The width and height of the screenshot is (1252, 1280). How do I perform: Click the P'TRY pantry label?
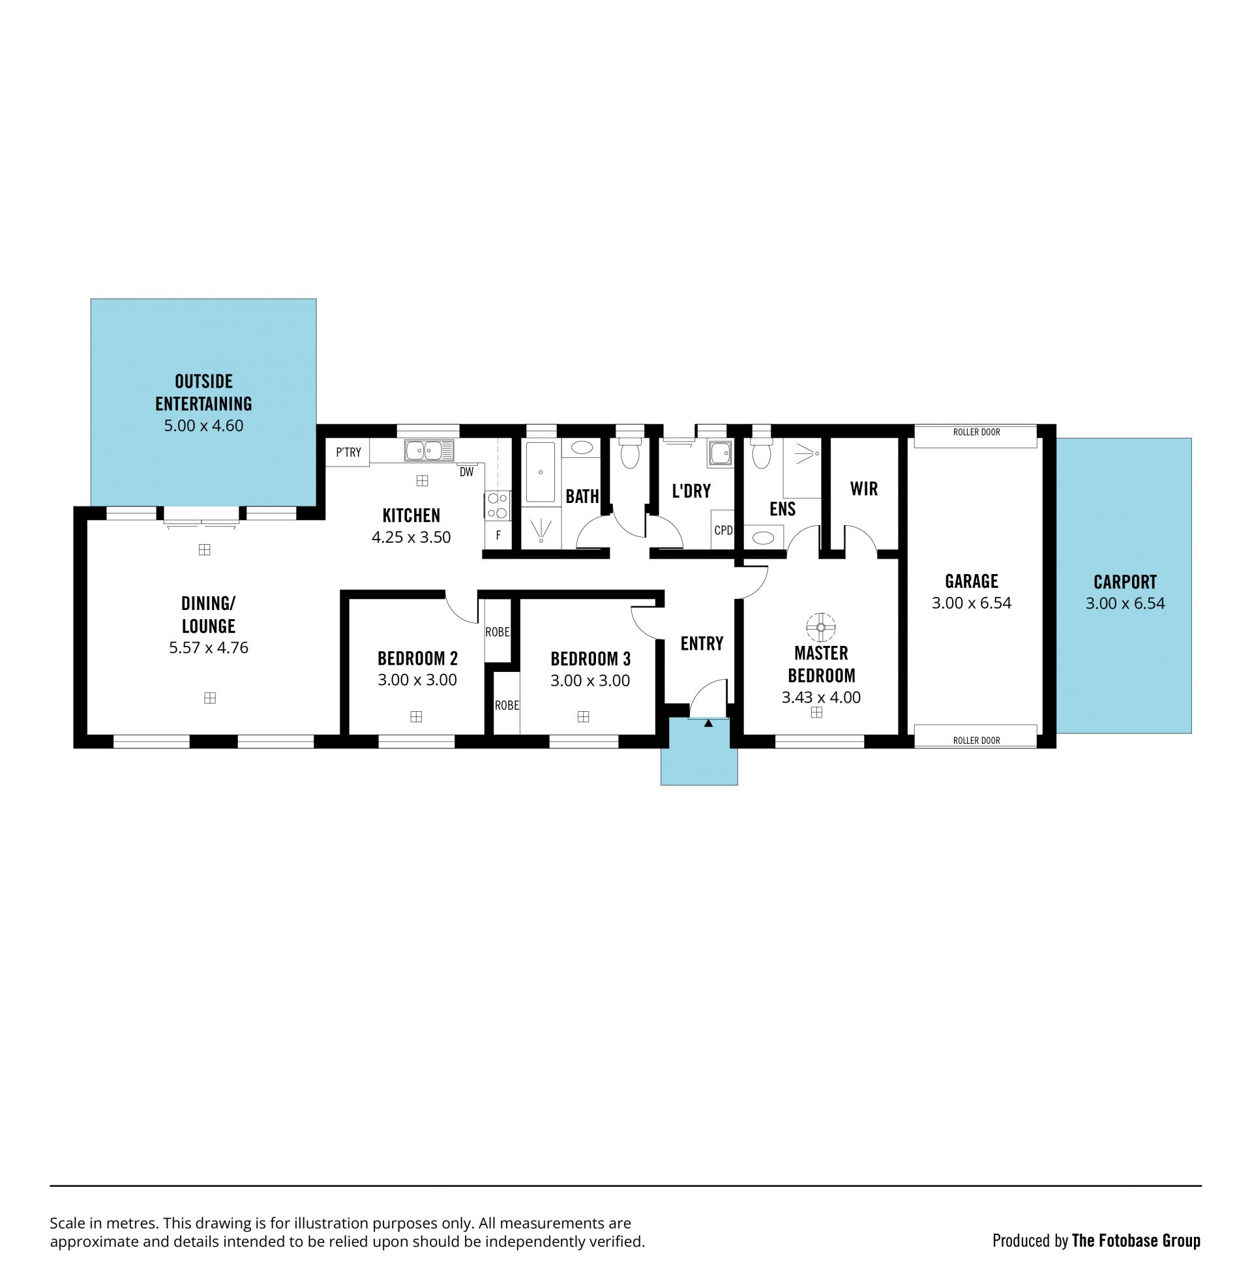point(348,452)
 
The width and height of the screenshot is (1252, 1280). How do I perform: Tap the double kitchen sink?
point(428,451)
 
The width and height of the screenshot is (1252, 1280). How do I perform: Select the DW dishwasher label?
point(466,472)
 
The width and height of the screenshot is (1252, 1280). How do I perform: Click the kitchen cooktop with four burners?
point(498,506)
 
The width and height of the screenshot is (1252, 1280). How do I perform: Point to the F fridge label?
point(498,536)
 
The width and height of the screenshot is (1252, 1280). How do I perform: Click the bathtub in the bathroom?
point(541,472)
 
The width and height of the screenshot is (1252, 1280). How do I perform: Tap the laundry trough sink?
point(721,453)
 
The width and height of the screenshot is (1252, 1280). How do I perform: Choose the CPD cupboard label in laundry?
point(723,530)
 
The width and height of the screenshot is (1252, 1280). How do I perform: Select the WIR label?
point(863,489)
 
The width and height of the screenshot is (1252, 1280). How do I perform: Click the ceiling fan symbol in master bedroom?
point(820,627)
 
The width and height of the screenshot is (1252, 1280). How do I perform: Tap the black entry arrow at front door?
point(708,723)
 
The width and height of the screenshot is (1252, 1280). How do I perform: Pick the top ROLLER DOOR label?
point(976,432)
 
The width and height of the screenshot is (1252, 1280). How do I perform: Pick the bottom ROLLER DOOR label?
point(976,740)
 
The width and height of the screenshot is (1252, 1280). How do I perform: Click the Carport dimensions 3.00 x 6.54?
point(1125,603)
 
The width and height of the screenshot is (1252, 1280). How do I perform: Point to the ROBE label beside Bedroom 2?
point(497,632)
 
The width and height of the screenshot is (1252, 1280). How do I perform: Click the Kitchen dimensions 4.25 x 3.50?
point(411,537)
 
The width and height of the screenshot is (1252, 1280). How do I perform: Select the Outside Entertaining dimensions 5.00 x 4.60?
point(203,425)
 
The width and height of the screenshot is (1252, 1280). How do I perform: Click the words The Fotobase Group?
point(1136,1241)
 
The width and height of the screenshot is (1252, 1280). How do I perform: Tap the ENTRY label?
point(702,643)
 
